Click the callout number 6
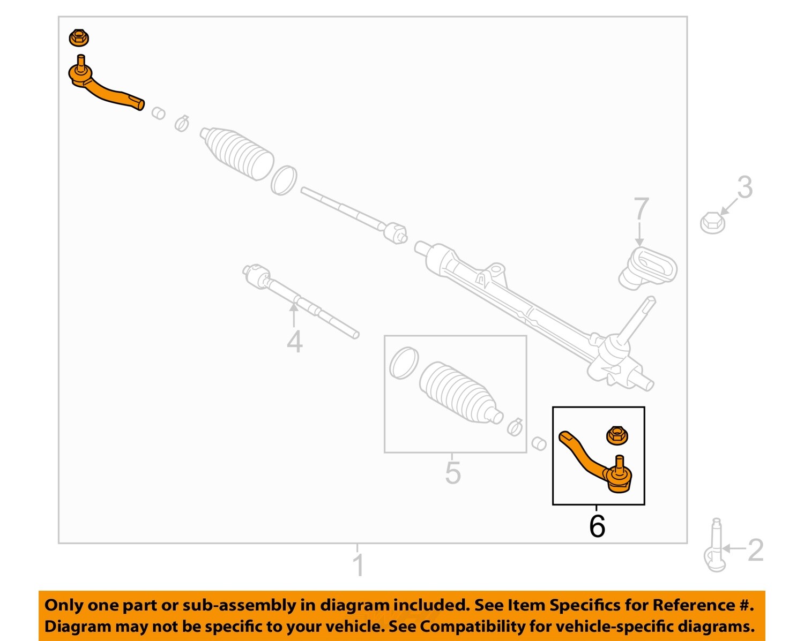pos(597,526)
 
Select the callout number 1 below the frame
pos(358,565)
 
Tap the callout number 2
pos(755,550)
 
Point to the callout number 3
pos(745,187)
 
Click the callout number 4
pos(294,341)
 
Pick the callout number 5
pos(452,473)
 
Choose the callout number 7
pos(641,209)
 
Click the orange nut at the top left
pos(79,38)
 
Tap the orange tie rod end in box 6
pos(595,464)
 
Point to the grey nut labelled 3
pos(712,222)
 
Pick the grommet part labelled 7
pos(647,268)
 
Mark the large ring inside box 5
pos(404,363)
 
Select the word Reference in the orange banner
pos(694,605)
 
